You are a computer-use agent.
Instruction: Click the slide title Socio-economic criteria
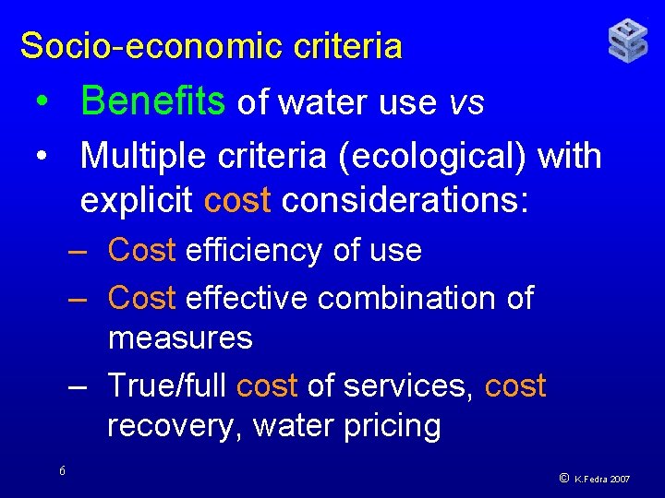(x=212, y=45)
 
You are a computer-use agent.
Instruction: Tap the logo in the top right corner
(x=627, y=41)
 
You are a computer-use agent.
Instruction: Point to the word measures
(x=180, y=338)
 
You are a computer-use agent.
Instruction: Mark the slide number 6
(x=62, y=471)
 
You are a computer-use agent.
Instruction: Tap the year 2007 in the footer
(x=621, y=480)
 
